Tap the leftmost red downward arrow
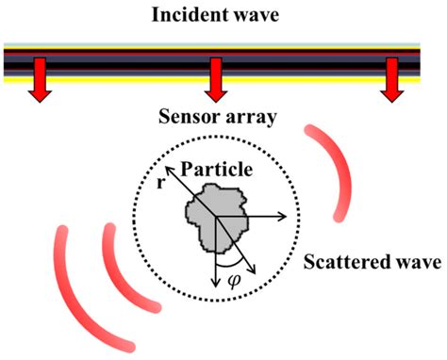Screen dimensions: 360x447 tap(41, 81)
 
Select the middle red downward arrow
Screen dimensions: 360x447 tap(216, 81)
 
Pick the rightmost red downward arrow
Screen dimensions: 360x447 tap(393, 81)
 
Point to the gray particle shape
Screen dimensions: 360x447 tap(212, 214)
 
